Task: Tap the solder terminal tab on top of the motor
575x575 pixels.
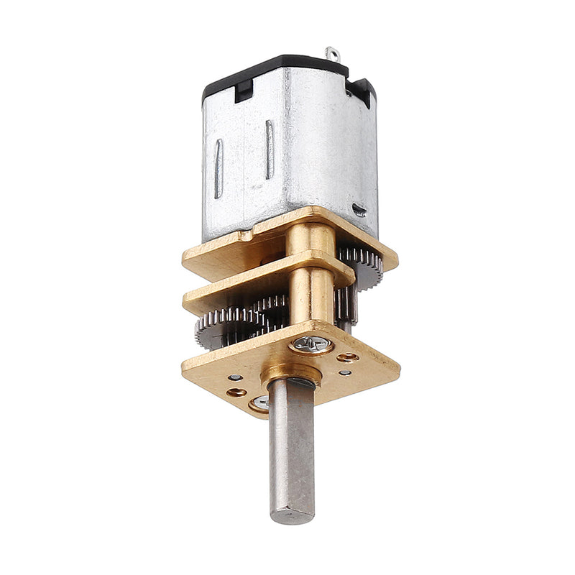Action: pos(332,54)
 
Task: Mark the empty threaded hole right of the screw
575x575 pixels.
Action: pos(349,356)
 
